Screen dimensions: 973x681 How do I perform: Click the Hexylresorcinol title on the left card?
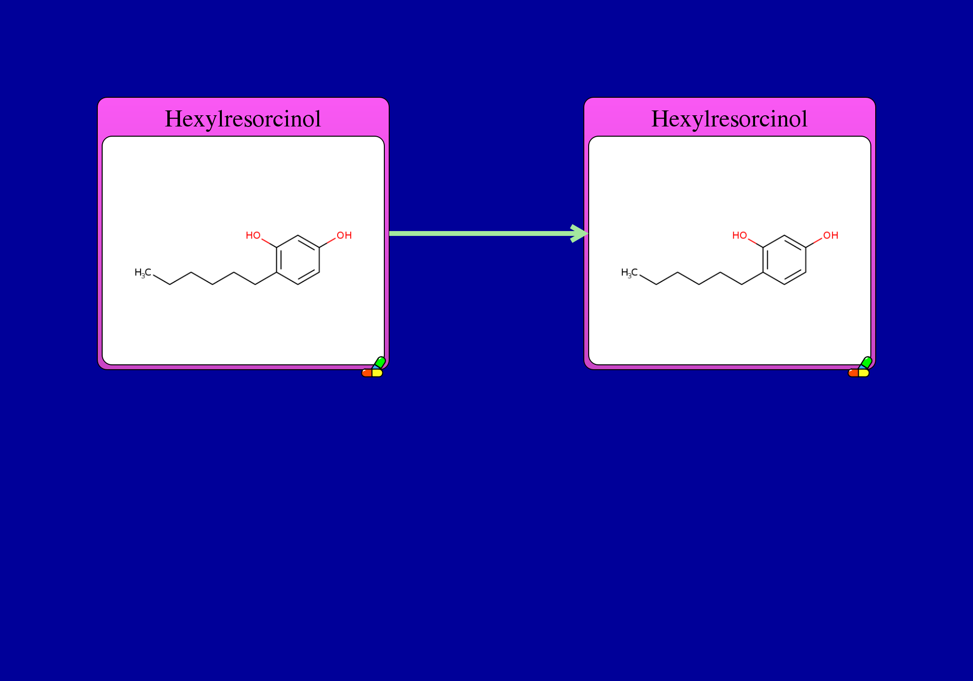[243, 119]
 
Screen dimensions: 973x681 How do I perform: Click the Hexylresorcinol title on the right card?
[729, 119]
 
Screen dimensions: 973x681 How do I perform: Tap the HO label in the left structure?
[253, 235]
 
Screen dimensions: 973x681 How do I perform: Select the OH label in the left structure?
[344, 235]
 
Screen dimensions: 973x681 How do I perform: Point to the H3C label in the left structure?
[143, 273]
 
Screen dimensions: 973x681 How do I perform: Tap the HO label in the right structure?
[739, 235]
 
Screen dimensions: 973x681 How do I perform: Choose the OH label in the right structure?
[830, 235]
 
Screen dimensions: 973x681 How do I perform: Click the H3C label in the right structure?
[630, 273]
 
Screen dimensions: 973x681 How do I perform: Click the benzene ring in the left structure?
[277, 260]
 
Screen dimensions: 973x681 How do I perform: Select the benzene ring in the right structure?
[763, 260]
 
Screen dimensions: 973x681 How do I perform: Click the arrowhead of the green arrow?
[580, 233]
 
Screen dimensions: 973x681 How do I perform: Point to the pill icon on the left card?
[373, 367]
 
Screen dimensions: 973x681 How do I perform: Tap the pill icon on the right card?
[860, 367]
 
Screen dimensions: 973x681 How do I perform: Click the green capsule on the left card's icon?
[380, 362]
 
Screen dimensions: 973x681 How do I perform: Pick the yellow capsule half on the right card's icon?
[864, 373]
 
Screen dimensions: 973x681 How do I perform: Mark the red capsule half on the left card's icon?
[366, 373]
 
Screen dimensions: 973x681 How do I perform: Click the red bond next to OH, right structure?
[814, 243]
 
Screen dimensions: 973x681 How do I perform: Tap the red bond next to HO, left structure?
[269, 243]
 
